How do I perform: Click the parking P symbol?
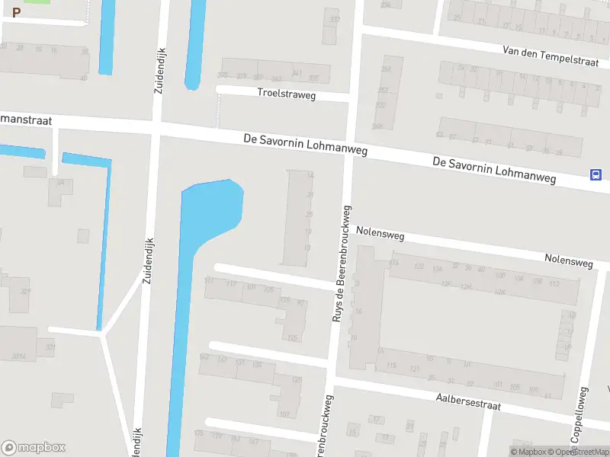(16, 12)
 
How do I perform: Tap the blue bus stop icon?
(595, 174)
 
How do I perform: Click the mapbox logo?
(34, 448)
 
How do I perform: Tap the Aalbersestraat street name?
(468, 401)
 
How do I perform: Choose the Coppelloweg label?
(580, 415)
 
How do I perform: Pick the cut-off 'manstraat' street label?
(24, 120)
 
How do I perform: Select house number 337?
(332, 19)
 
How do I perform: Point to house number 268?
(377, 126)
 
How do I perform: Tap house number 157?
(284, 414)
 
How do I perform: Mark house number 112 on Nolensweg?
(554, 283)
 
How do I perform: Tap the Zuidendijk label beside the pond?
(148, 260)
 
